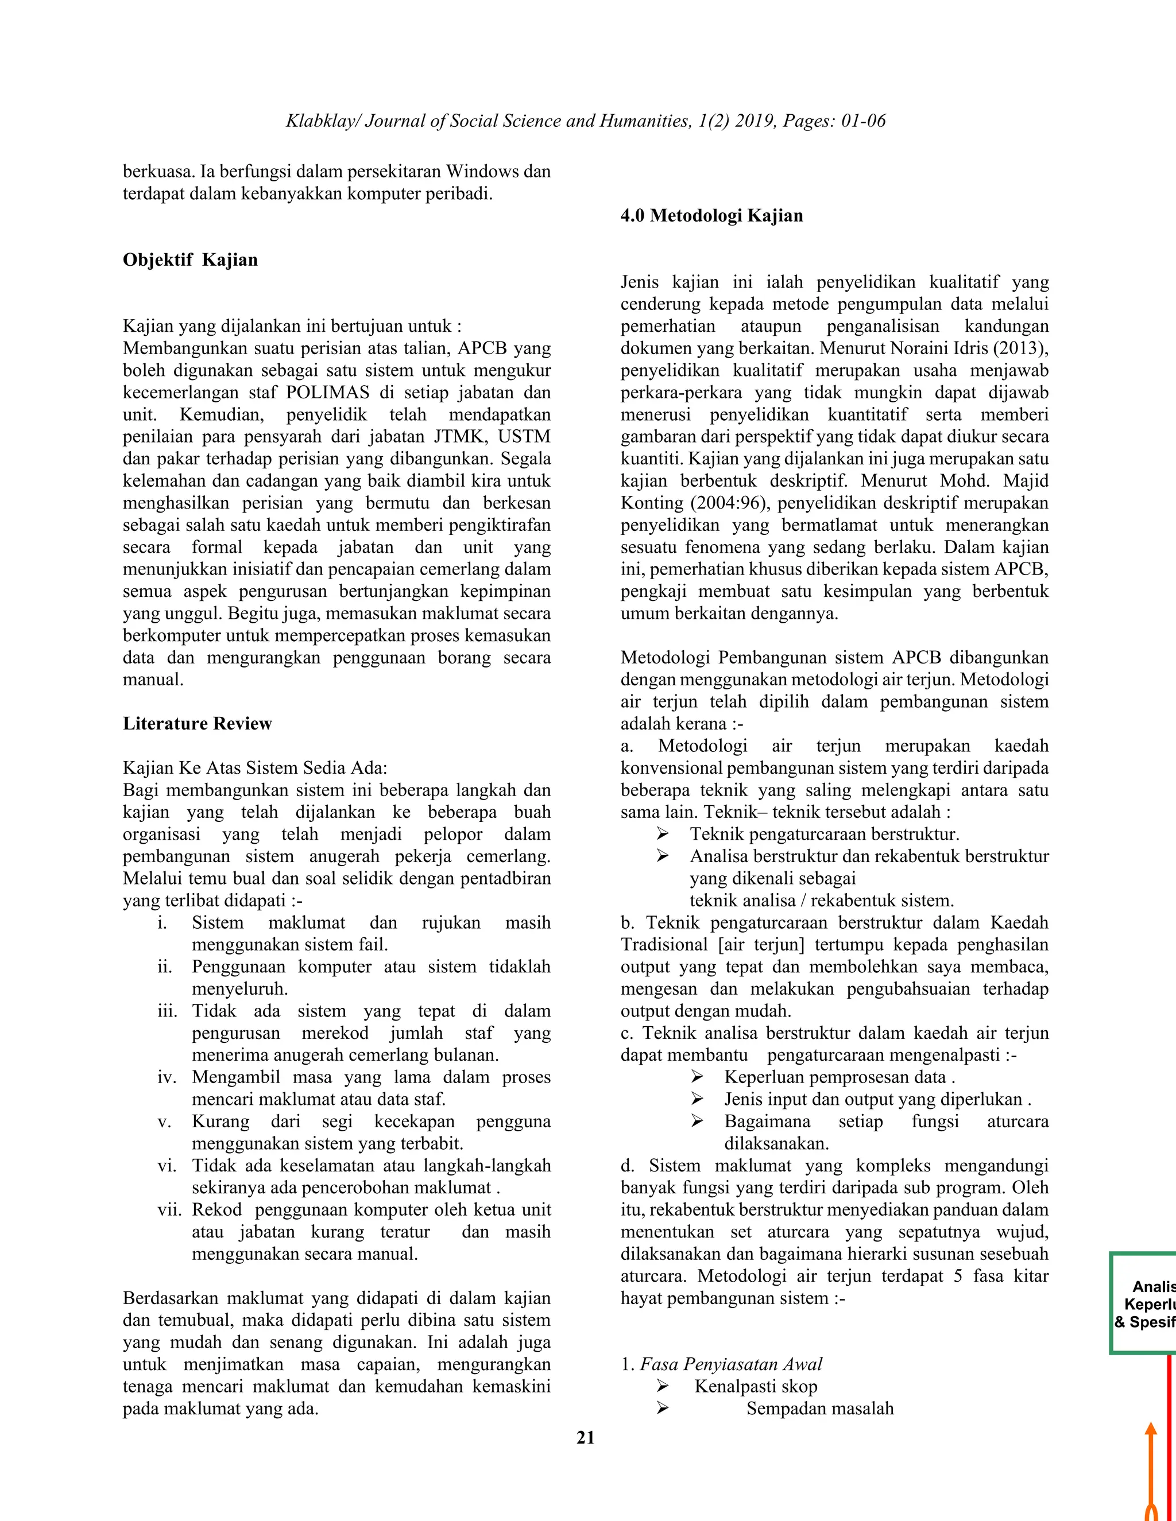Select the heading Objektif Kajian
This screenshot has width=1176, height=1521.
click(190, 260)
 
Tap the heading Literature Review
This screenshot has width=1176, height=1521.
click(197, 724)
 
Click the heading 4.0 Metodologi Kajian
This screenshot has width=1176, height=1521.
click(711, 216)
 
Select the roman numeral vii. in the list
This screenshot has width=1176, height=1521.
click(169, 1210)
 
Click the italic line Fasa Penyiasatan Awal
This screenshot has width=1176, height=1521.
click(731, 1364)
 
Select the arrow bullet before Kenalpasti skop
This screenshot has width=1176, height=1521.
click(663, 1387)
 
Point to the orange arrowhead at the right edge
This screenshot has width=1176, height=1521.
click(1151, 1429)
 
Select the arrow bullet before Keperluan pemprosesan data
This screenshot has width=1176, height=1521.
click(697, 1077)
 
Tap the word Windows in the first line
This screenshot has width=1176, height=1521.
click(481, 171)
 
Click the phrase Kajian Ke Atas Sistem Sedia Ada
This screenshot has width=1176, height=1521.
click(254, 768)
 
